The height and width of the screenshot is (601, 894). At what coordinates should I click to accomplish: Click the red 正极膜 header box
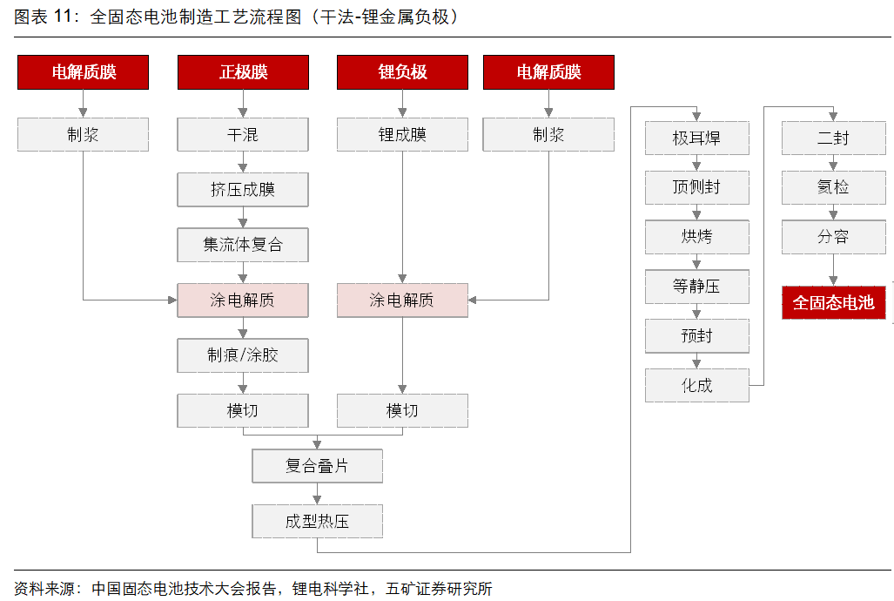[x=243, y=72]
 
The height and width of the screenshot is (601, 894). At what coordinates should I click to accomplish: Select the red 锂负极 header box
[x=402, y=72]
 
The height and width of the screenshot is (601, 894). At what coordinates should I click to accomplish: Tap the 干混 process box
[x=243, y=135]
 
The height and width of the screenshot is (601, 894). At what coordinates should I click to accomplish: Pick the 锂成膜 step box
[x=402, y=135]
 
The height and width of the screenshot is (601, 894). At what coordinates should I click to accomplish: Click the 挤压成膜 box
[x=243, y=190]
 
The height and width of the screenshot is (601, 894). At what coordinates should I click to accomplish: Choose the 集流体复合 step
[x=243, y=245]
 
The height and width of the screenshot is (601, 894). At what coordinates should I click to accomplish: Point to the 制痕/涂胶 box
[x=243, y=355]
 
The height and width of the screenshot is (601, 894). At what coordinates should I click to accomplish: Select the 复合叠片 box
[x=318, y=466]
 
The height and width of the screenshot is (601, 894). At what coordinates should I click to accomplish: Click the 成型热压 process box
[x=318, y=521]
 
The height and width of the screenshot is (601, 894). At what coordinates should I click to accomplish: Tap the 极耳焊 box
[x=696, y=138]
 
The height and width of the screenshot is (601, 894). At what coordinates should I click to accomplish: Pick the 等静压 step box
[x=696, y=287]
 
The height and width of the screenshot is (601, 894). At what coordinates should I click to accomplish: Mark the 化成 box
[x=696, y=385]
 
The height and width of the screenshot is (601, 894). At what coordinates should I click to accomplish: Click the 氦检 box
[x=834, y=187]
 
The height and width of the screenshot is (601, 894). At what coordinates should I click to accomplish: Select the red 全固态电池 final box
[x=834, y=302]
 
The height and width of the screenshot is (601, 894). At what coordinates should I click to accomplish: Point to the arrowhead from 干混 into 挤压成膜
[x=243, y=168]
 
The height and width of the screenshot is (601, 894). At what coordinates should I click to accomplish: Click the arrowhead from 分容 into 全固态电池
[x=834, y=280]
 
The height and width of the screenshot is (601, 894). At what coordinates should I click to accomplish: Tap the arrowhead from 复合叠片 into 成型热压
[x=318, y=499]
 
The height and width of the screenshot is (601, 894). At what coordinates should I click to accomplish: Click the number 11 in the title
[x=63, y=16]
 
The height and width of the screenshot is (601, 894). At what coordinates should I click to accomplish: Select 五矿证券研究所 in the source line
[x=439, y=589]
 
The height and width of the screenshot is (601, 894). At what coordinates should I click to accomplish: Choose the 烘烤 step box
[x=696, y=237]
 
